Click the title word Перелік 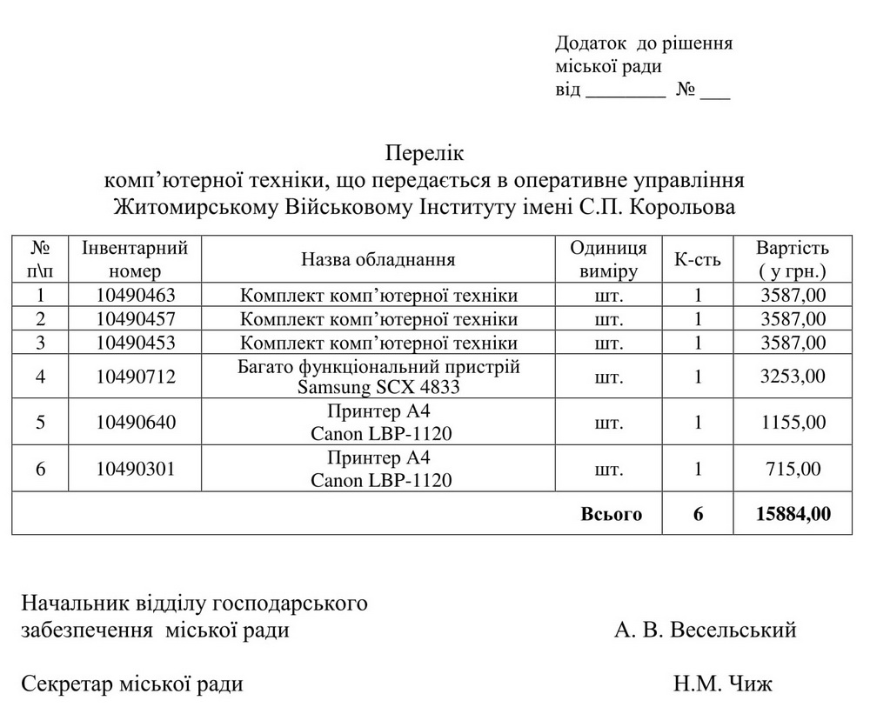425,155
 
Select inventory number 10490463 136,295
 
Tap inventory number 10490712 136,377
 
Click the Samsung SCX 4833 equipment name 378,386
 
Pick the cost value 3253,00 792,377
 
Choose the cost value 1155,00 792,424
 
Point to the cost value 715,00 792,470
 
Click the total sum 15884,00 792,514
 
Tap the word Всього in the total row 611,514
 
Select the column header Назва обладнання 378,259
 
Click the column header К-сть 698,259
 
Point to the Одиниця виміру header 608,259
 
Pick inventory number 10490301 136,470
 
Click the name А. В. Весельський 705,630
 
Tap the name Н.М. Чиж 722,684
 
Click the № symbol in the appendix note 686,90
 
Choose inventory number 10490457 136,318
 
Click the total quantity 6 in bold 698,514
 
